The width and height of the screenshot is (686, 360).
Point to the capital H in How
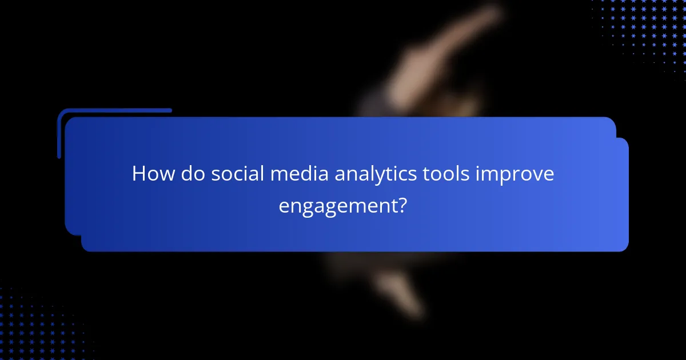tap(139, 174)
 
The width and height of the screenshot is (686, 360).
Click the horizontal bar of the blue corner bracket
tap(114, 111)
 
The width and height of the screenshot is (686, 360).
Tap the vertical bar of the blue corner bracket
tap(59, 134)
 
